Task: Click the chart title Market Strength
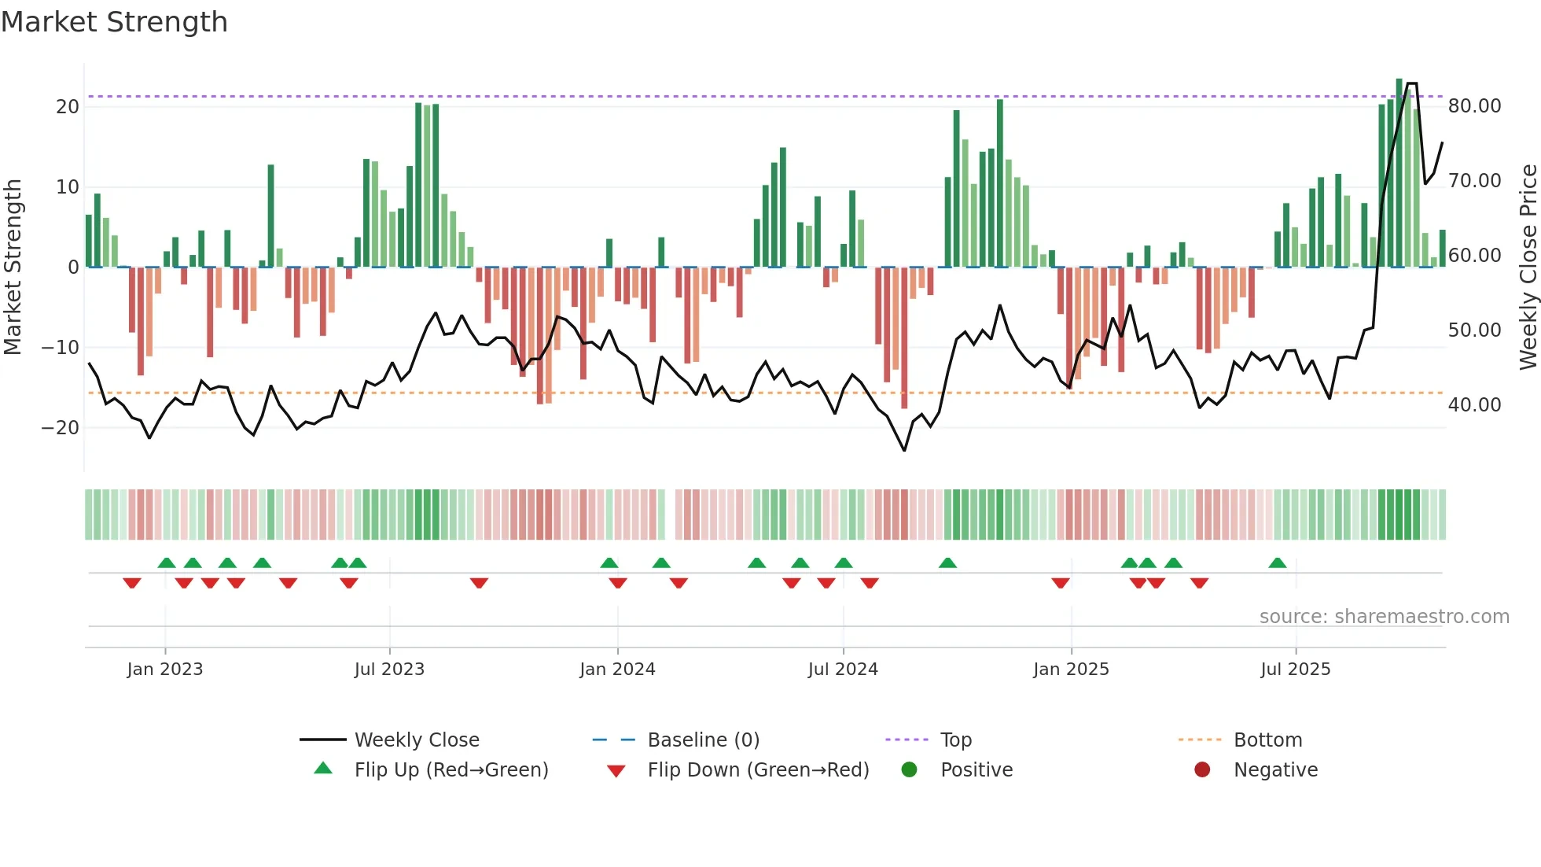coord(114,22)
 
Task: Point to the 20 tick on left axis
coord(68,107)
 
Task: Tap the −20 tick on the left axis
coord(61,428)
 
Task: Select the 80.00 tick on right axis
coord(1474,106)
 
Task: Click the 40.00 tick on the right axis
coord(1474,405)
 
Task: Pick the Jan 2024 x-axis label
coord(617,670)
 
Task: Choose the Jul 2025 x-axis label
coord(1295,670)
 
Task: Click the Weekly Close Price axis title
coord(1528,267)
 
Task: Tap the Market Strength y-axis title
coord(13,267)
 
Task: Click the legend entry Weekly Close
coord(417,740)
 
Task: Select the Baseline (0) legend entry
coord(703,740)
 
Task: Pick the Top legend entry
coord(956,740)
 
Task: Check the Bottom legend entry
coord(1267,740)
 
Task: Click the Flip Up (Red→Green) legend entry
coord(451,770)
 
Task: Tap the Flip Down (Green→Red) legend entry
coord(758,770)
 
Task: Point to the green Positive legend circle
coord(910,769)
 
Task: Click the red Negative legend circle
coord(1202,769)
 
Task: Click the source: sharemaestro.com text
coord(1384,617)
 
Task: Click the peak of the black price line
coord(1412,83)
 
